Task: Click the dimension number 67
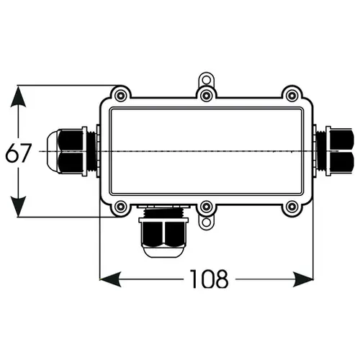(x=19, y=153)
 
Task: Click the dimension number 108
(x=209, y=279)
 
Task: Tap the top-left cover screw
(x=120, y=96)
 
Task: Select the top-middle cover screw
(x=207, y=96)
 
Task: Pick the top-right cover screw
(x=292, y=96)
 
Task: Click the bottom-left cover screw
(x=120, y=207)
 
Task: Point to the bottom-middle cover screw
(x=207, y=207)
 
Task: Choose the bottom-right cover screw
(x=292, y=207)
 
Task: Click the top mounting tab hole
(x=207, y=79)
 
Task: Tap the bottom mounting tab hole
(x=207, y=222)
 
